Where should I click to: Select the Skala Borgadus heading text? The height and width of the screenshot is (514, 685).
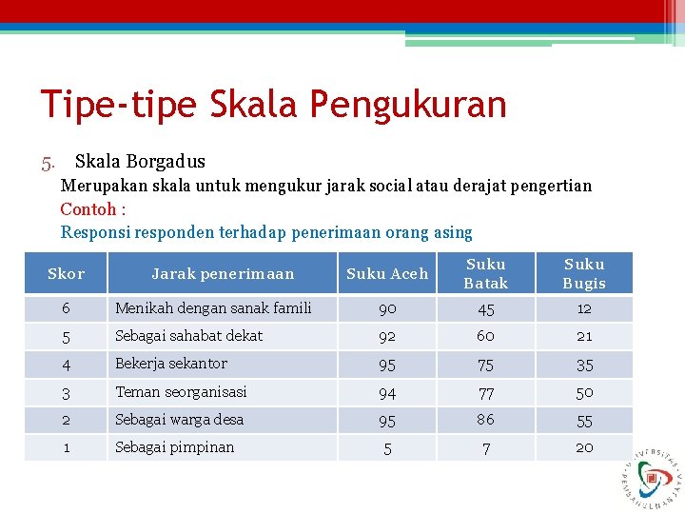pyautogui.click(x=140, y=162)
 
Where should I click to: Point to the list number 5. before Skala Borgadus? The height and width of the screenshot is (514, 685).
pyautogui.click(x=49, y=162)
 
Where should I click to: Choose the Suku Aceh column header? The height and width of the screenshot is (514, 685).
pyautogui.click(x=387, y=274)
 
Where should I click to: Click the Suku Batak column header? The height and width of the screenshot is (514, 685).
pyautogui.click(x=486, y=273)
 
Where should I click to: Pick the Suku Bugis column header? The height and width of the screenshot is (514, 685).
pyautogui.click(x=584, y=273)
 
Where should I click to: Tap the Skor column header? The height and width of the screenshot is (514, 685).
pyautogui.click(x=66, y=274)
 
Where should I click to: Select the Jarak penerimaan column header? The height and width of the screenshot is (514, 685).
pyautogui.click(x=223, y=274)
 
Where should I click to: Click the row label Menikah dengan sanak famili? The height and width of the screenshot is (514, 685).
pyautogui.click(x=213, y=308)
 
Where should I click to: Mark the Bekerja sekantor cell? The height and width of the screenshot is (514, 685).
pyautogui.click(x=171, y=364)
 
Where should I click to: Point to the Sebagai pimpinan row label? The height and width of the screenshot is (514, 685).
pyautogui.click(x=174, y=447)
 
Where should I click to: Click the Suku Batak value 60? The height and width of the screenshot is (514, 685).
pyautogui.click(x=486, y=336)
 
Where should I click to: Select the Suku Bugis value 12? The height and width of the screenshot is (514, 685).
pyautogui.click(x=584, y=308)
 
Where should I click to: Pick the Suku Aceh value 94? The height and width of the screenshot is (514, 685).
pyautogui.click(x=387, y=392)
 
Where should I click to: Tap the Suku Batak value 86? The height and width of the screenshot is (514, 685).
pyautogui.click(x=486, y=419)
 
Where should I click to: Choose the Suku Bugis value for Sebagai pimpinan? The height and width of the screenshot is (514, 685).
pyautogui.click(x=584, y=447)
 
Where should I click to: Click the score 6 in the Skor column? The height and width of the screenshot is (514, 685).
pyautogui.click(x=66, y=308)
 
